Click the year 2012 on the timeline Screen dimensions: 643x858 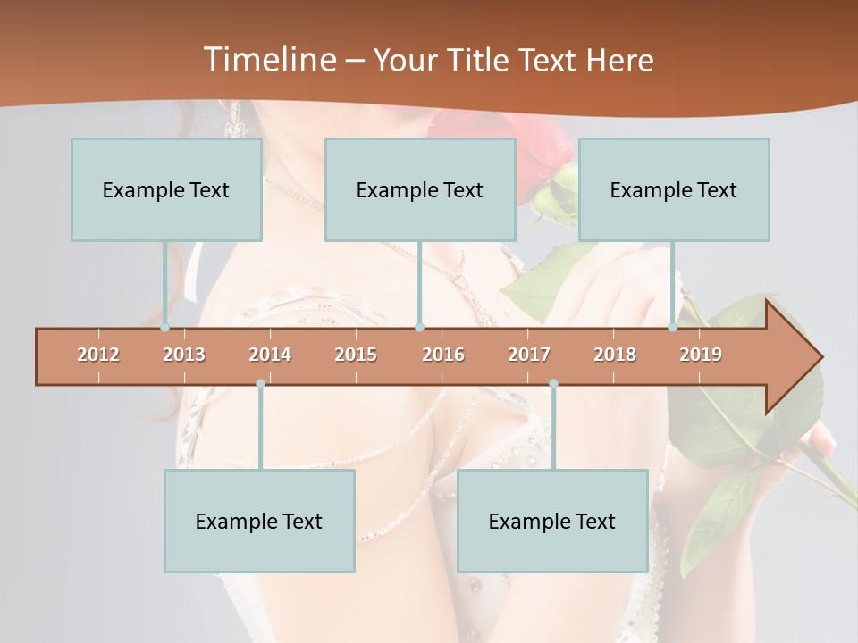98,355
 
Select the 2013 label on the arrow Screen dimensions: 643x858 184,355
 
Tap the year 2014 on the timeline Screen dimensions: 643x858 270,355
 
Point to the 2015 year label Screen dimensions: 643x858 356,355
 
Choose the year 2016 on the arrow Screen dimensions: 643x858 443,355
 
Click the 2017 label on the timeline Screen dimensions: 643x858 529,355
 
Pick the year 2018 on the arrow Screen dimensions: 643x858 615,355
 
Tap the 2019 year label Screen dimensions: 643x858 701,355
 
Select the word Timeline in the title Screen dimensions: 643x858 268,60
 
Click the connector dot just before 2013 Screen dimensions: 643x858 165,328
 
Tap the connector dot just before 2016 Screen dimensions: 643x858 419,328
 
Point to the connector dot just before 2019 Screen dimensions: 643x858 673,328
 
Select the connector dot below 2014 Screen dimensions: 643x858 260,384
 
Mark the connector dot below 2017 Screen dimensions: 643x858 553,384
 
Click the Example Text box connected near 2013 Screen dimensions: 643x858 166,189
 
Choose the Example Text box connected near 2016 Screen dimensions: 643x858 420,189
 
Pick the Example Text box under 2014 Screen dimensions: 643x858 259,521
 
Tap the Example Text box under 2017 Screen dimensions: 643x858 552,521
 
